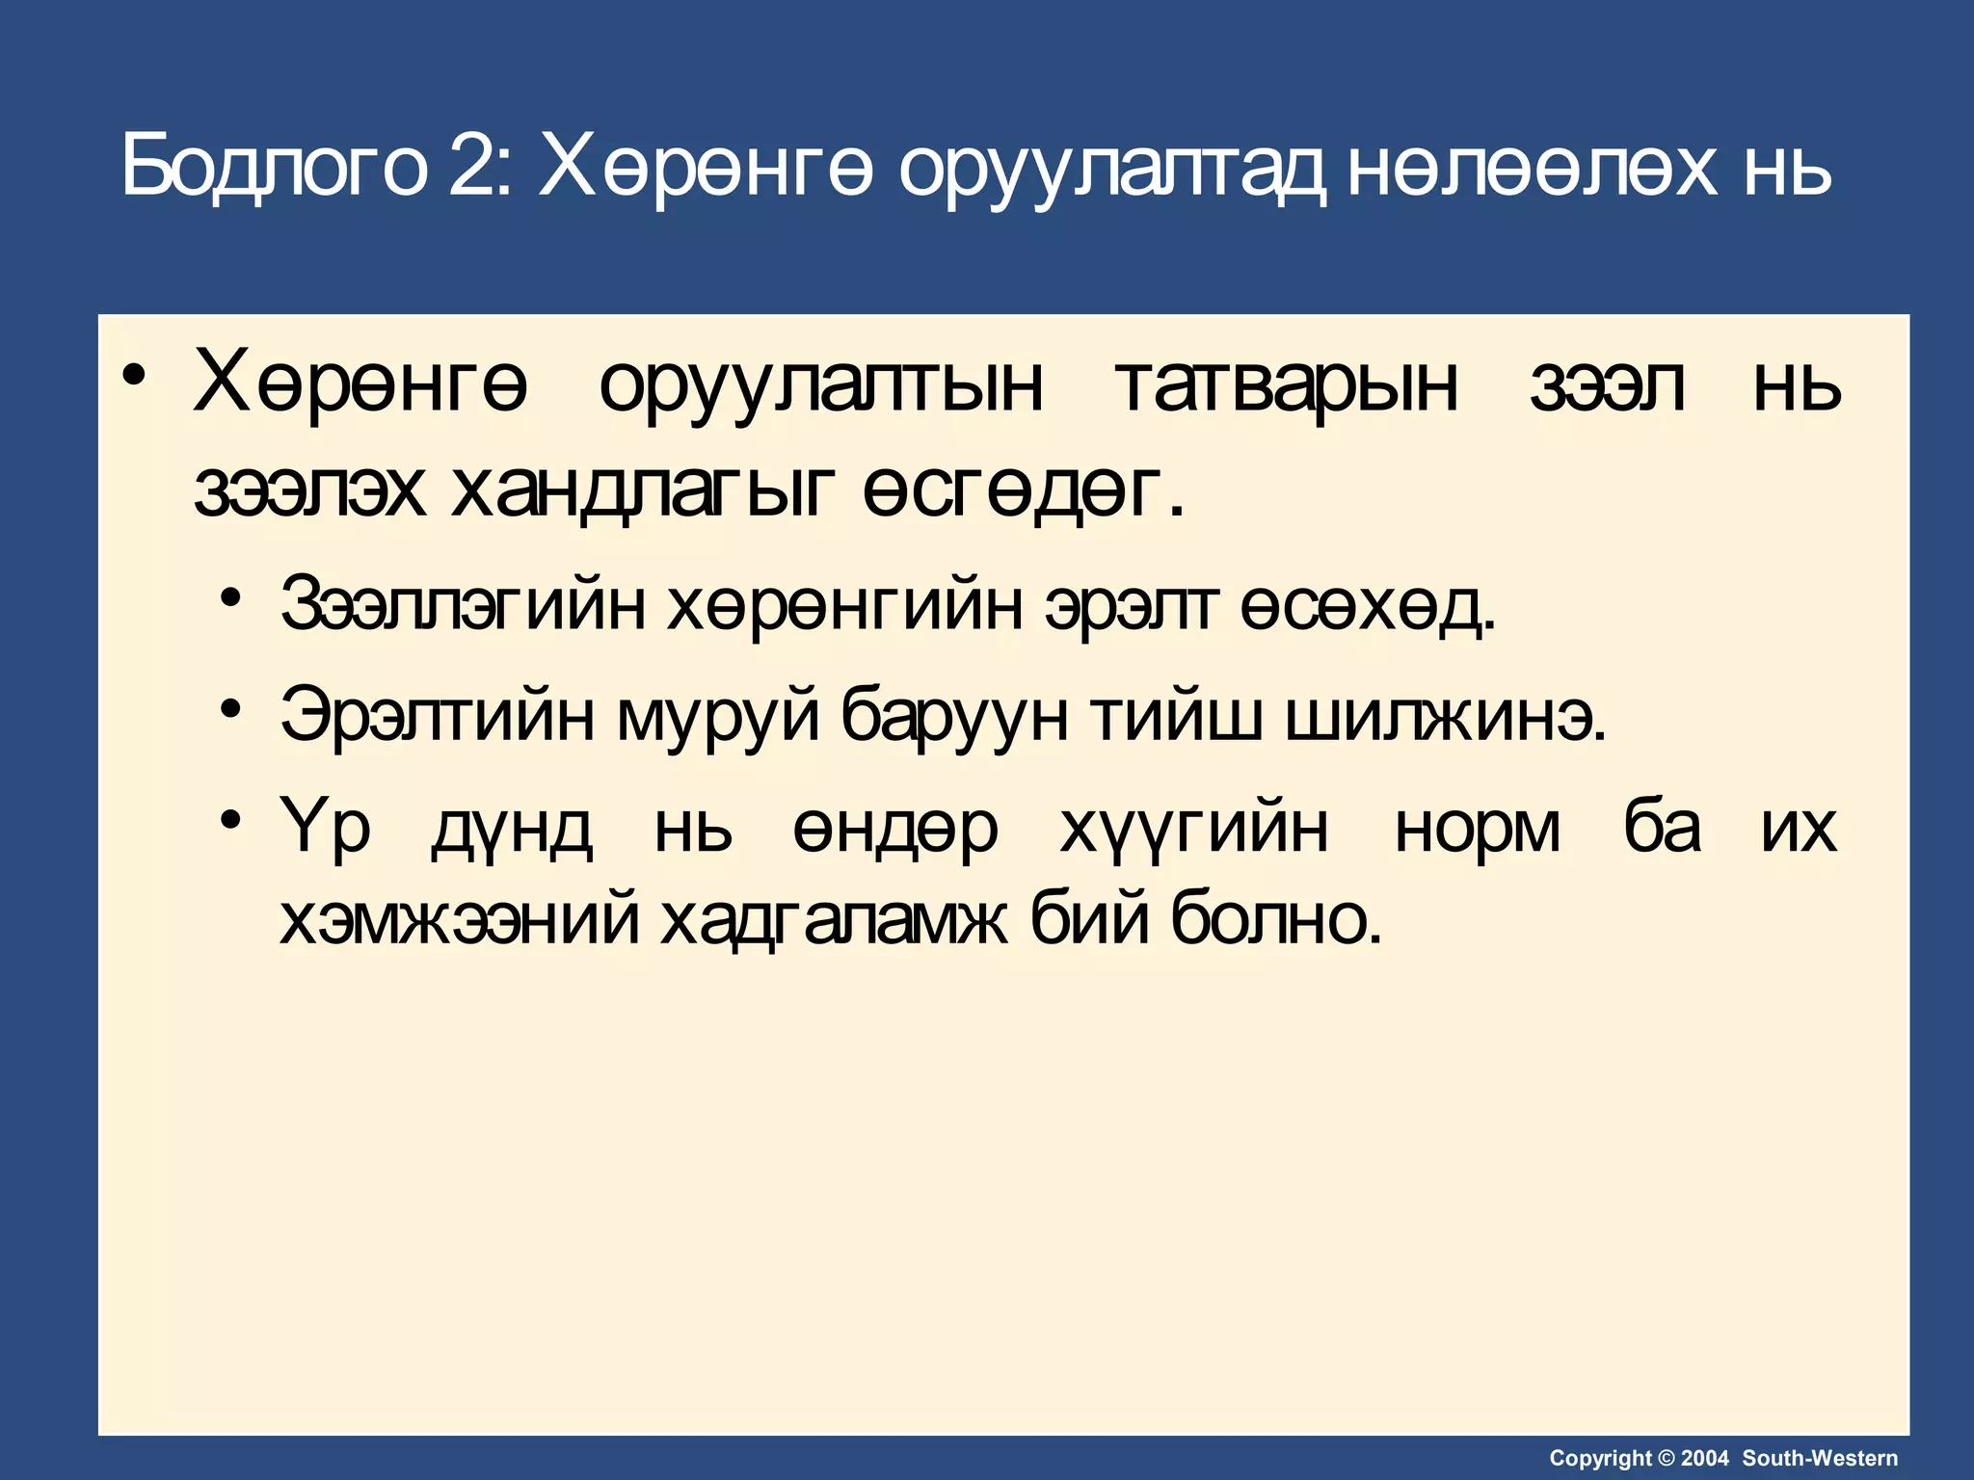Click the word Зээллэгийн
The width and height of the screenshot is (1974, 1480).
pyautogui.click(x=463, y=605)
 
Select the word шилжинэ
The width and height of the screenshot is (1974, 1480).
pyautogui.click(x=1445, y=715)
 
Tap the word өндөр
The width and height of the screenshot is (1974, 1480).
pyautogui.click(x=895, y=829)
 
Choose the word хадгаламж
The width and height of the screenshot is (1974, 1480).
pyautogui.click(x=835, y=920)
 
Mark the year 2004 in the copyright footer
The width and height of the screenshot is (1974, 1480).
pyautogui.click(x=1705, y=1459)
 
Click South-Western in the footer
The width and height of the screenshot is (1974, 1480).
pyautogui.click(x=1820, y=1459)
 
